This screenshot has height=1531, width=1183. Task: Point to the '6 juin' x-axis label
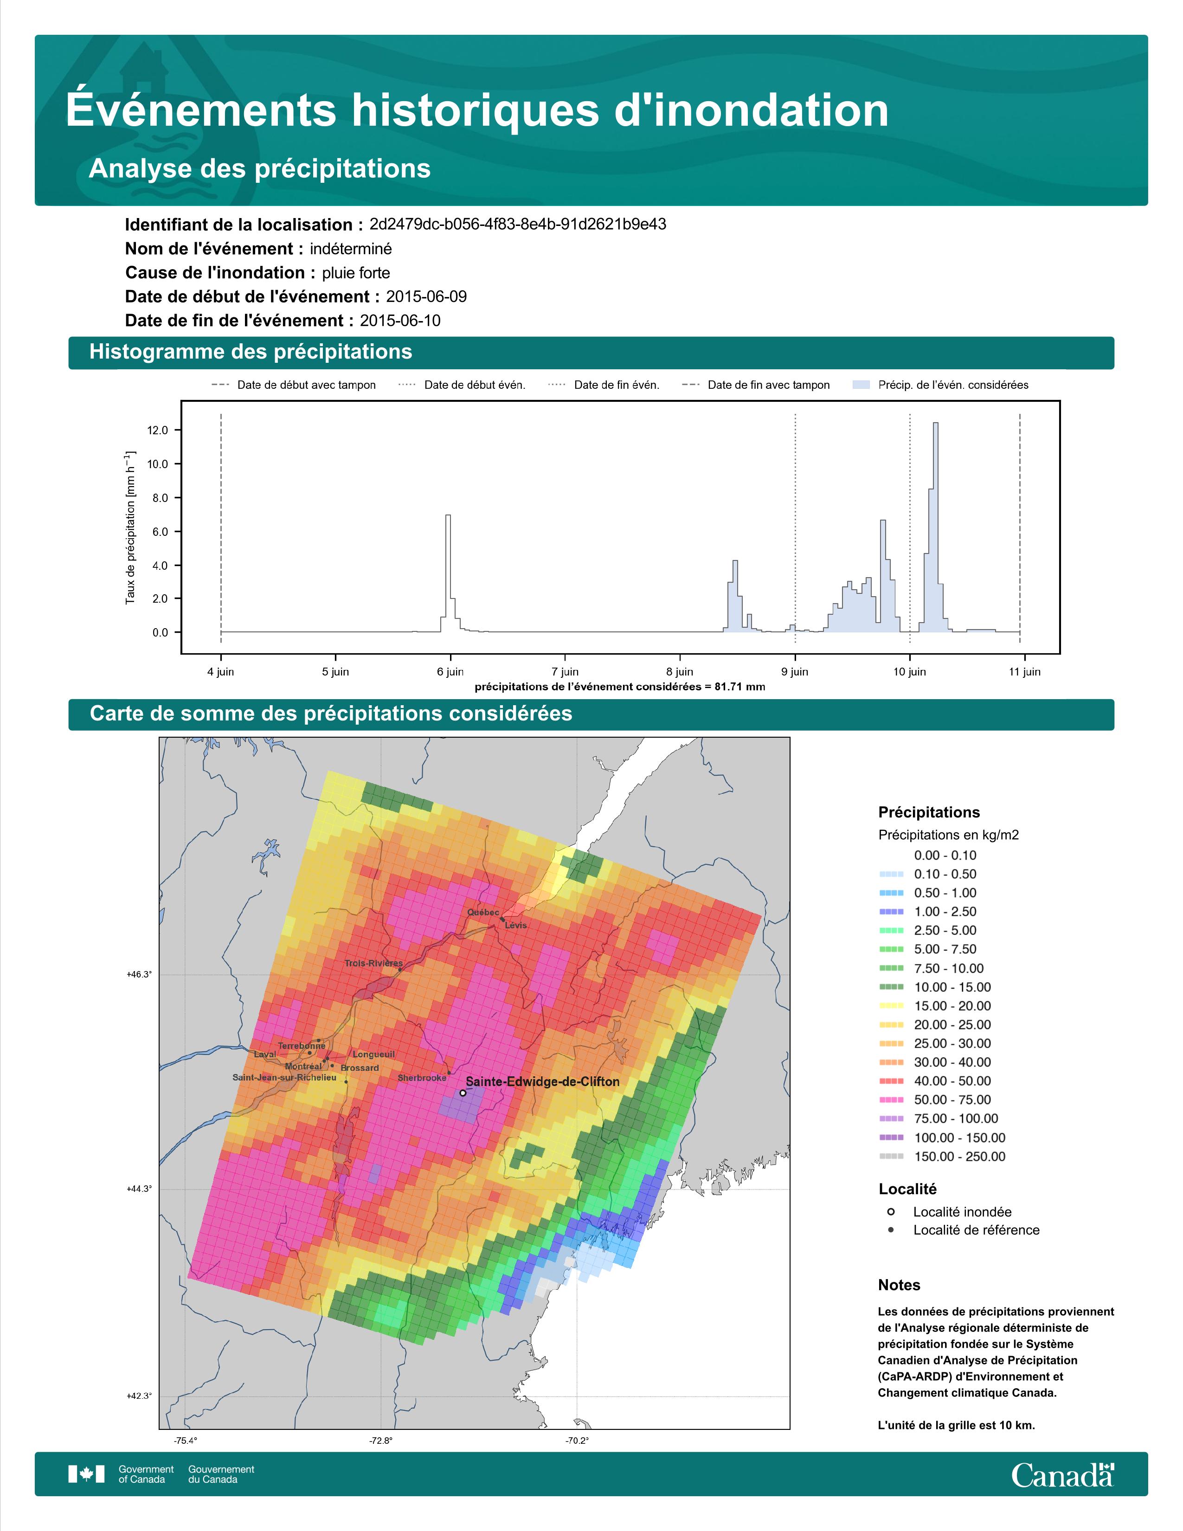(x=450, y=672)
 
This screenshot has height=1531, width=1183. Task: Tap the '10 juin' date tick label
(x=910, y=672)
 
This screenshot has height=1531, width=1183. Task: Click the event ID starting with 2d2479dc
(x=518, y=225)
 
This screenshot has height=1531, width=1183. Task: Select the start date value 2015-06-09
(x=426, y=296)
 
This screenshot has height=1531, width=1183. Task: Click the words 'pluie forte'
(x=356, y=273)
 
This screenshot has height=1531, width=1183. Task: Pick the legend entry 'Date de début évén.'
(x=462, y=385)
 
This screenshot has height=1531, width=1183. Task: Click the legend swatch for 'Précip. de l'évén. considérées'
(x=862, y=385)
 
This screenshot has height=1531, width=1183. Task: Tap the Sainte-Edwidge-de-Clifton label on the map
(x=542, y=1081)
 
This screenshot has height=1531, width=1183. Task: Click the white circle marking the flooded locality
(x=463, y=1092)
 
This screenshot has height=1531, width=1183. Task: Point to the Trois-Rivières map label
(x=373, y=963)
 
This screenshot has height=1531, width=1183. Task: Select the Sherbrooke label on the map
(x=422, y=1077)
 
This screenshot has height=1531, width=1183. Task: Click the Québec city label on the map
(x=483, y=912)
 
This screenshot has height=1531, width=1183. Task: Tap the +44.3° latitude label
(x=139, y=1189)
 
